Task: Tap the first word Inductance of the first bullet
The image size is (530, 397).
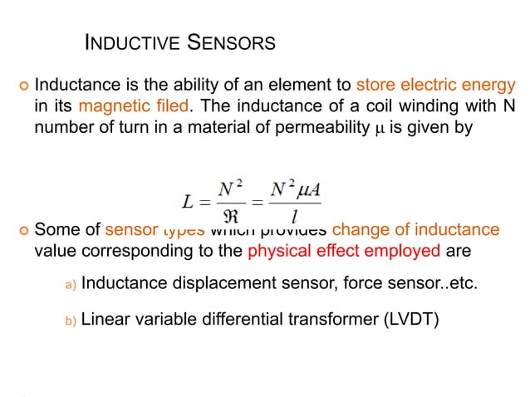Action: pyautogui.click(x=76, y=86)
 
